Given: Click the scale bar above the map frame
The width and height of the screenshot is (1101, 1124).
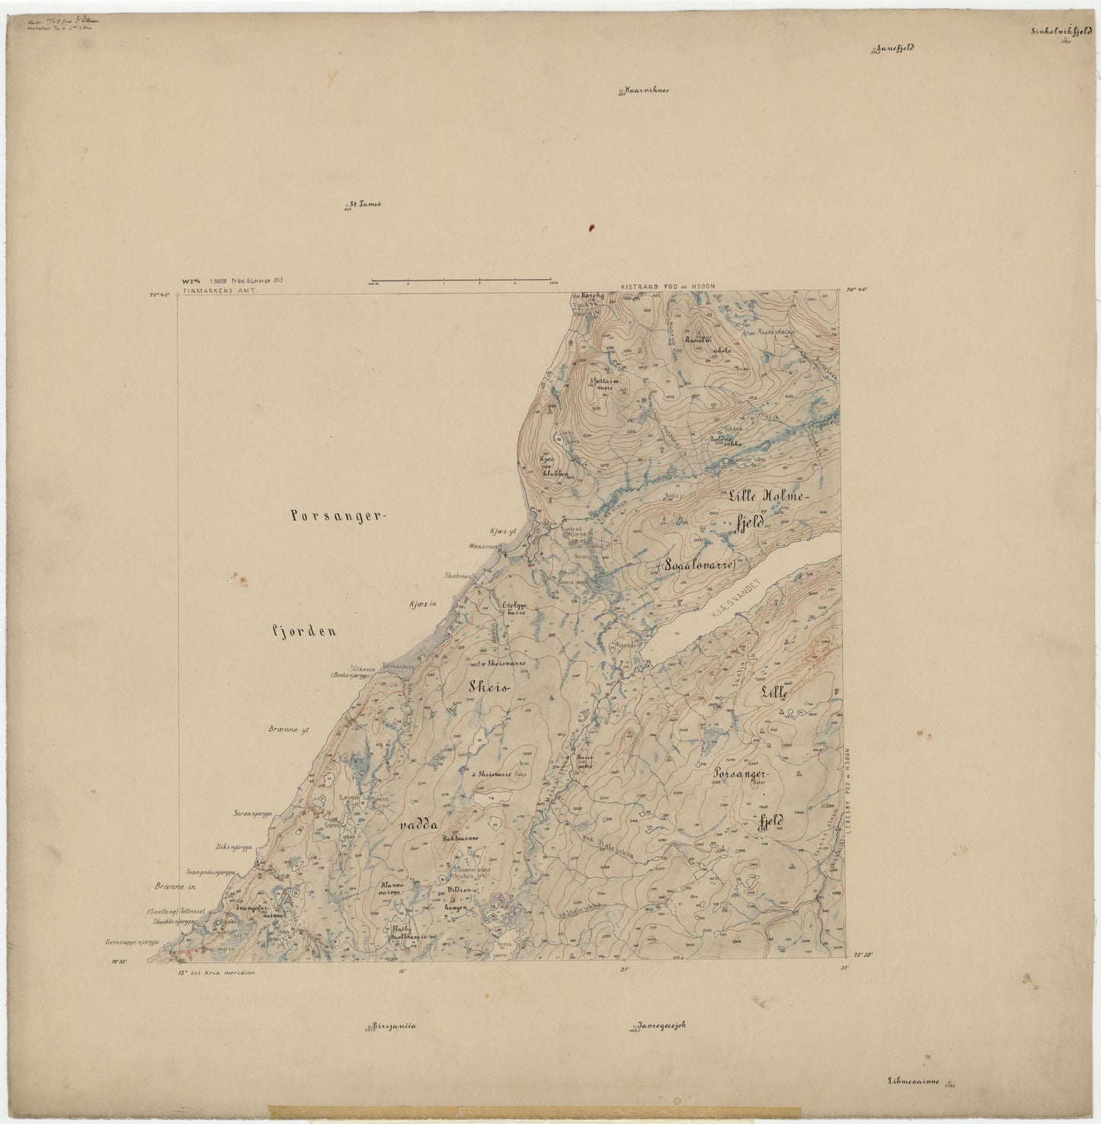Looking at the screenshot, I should (x=460, y=280).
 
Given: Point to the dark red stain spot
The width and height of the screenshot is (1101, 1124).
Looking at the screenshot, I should (x=591, y=227).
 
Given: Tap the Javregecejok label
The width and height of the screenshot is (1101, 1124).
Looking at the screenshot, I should (x=662, y=1025).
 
